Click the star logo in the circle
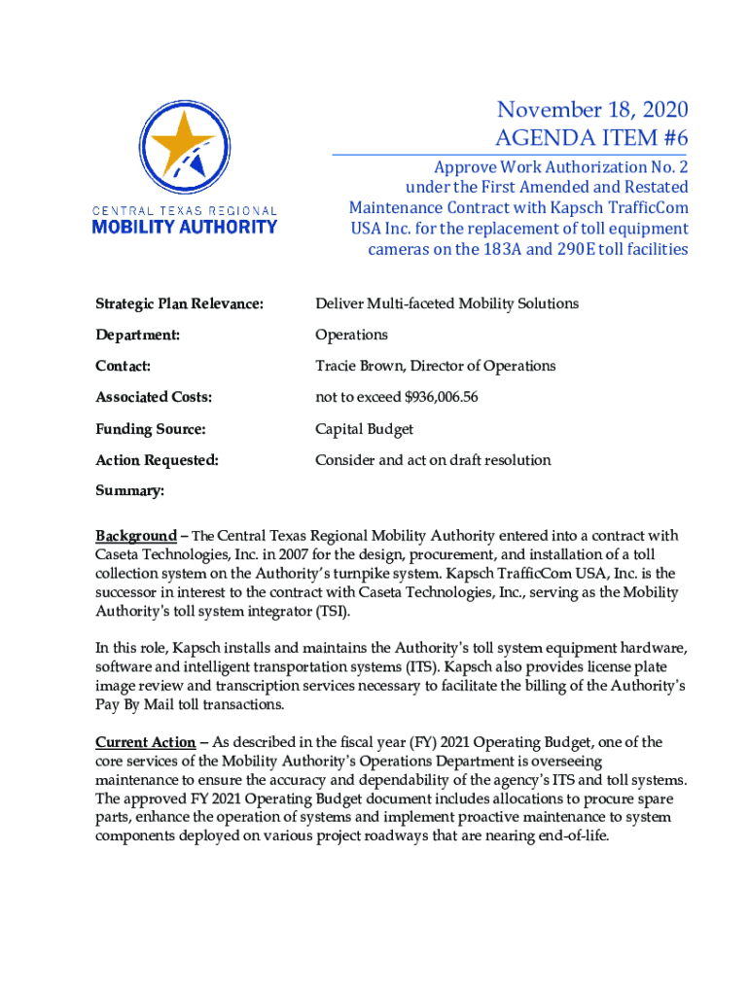tap(185, 146)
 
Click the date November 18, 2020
tap(591, 111)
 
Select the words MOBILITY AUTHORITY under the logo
tap(184, 227)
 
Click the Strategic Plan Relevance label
tap(179, 303)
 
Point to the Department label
tap(136, 335)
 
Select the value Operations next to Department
tap(351, 335)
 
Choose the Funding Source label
tap(149, 429)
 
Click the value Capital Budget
tap(363, 429)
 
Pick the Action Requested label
tap(156, 460)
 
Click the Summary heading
tap(129, 491)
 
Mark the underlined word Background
tap(135, 536)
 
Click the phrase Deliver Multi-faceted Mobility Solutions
tap(446, 303)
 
